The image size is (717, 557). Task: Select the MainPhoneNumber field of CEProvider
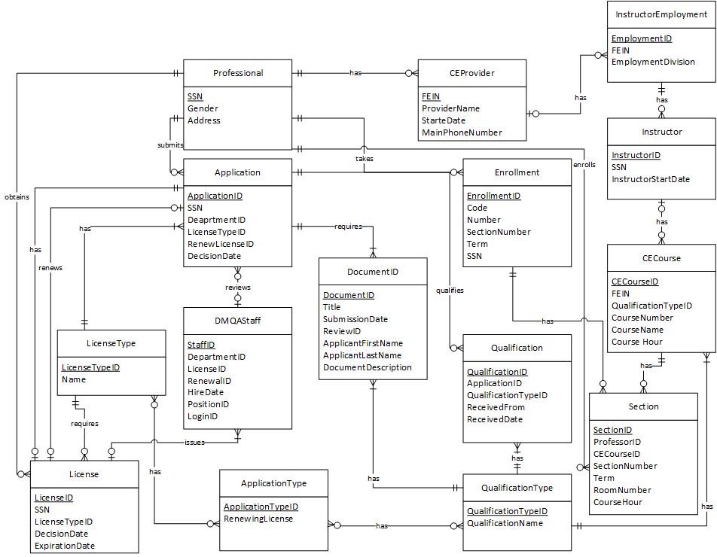point(462,132)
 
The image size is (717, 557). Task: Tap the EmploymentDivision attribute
point(653,62)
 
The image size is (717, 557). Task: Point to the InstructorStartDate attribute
point(651,179)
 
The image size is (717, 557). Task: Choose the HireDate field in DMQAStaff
point(206,392)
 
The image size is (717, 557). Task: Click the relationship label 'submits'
point(170,144)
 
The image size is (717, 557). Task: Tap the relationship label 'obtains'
point(17,197)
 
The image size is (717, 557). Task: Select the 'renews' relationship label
point(50,266)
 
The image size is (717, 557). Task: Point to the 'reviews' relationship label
point(238,288)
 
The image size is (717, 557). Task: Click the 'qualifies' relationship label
point(450,289)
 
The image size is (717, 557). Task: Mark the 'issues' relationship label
point(194,442)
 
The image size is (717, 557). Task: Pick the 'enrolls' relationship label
point(584,164)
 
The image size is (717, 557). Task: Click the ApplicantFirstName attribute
point(362,343)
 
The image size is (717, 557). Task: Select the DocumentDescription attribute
point(368,367)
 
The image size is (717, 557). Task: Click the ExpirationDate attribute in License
point(65,546)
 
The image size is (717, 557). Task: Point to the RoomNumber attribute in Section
point(622,490)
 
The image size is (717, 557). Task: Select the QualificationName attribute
point(505,523)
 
